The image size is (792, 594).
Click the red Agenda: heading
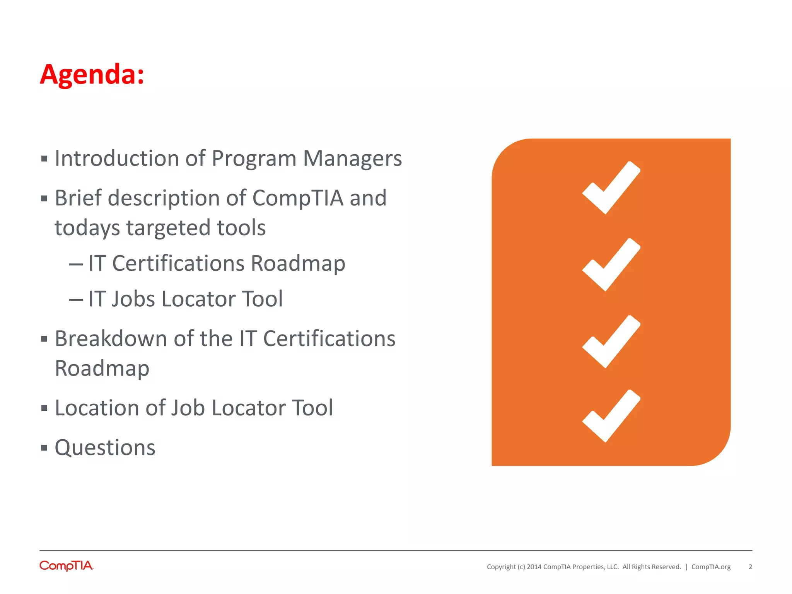[x=92, y=74]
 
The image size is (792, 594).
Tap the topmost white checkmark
[x=611, y=188]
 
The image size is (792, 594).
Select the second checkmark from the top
[x=611, y=265]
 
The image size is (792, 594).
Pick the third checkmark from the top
[x=611, y=342]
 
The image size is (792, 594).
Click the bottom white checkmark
[x=611, y=416]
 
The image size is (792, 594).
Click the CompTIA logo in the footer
[x=67, y=566]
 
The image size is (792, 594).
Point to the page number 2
[x=750, y=567]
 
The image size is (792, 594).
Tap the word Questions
[x=105, y=448]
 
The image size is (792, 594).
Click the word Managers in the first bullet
[x=352, y=159]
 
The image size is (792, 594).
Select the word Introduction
[x=116, y=159]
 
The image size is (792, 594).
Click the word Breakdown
[x=111, y=339]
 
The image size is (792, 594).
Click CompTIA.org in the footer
[x=711, y=567]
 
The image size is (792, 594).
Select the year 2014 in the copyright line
[x=534, y=567]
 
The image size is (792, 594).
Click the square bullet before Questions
[x=44, y=448]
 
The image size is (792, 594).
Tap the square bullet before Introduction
[x=44, y=159]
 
